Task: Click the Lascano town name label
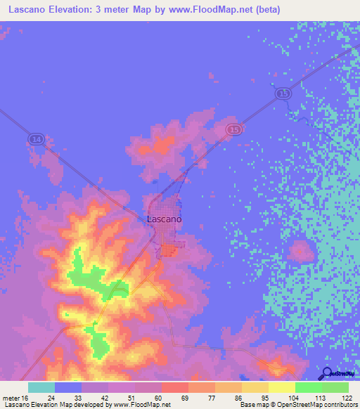point(165,219)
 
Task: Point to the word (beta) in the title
point(265,11)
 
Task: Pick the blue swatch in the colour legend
point(68,387)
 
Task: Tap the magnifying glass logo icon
point(327,372)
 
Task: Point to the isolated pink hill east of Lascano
point(301,250)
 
